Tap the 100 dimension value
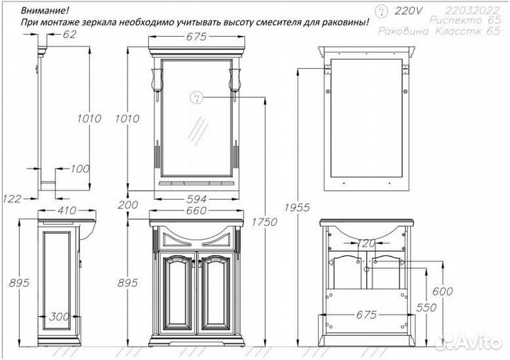[x=81, y=169]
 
